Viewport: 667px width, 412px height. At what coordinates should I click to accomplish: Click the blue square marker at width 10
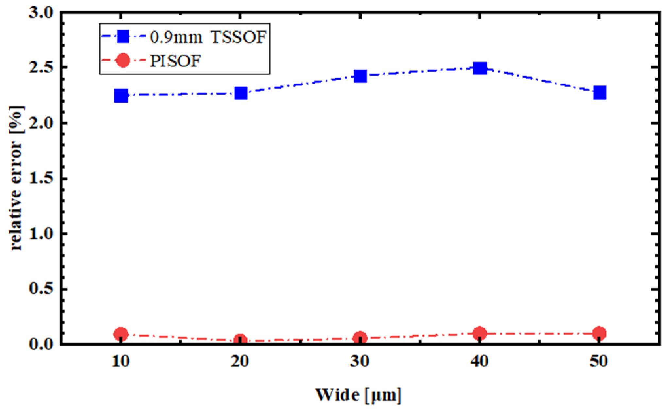point(121,96)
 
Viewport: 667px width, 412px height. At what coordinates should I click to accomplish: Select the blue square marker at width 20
point(241,93)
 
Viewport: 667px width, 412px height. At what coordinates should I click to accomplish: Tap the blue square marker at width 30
point(360,76)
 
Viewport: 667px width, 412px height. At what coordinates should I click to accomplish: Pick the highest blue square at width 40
point(480,68)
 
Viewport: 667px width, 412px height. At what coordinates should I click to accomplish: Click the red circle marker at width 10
point(121,334)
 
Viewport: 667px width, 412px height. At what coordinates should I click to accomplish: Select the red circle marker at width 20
point(240,340)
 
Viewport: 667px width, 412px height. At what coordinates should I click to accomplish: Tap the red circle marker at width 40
point(479,333)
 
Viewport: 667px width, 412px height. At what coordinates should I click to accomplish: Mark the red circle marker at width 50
point(599,333)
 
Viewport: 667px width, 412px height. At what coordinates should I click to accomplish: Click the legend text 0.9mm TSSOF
point(208,37)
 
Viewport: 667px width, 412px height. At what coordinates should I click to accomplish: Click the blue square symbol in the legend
point(123,37)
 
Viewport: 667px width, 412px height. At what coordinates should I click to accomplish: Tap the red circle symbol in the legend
point(123,61)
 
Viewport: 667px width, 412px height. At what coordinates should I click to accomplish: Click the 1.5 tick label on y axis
point(41,179)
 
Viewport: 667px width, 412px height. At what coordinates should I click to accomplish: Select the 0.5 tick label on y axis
point(41,290)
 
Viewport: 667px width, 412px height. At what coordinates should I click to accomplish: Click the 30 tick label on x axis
point(360,362)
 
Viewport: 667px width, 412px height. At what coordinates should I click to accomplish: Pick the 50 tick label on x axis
point(599,362)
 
